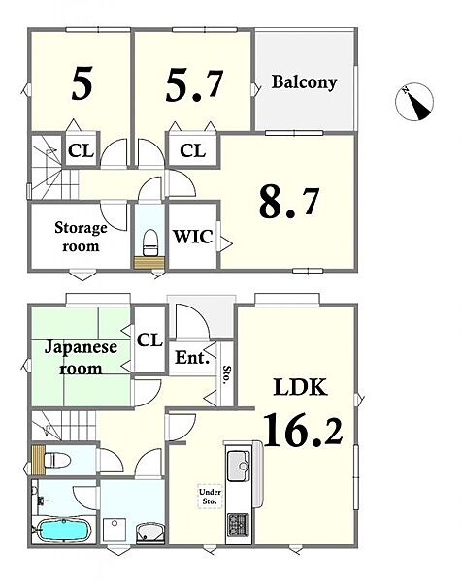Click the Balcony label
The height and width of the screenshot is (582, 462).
(304, 82)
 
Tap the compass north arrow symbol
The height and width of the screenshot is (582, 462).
(414, 101)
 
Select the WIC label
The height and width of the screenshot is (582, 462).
(193, 237)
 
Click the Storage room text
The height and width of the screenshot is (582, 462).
(81, 237)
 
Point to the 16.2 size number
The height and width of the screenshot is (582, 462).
(303, 430)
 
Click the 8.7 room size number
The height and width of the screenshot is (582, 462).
(288, 203)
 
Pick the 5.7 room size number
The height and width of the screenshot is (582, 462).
(194, 85)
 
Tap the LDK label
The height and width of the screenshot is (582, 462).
(301, 387)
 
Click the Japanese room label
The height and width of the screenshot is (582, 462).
(81, 358)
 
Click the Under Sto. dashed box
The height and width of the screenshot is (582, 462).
(210, 497)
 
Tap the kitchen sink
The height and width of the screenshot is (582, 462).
(238, 466)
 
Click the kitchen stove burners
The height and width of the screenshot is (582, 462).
(238, 524)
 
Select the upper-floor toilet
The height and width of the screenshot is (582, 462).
(150, 243)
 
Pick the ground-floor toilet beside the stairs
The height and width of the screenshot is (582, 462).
(56, 461)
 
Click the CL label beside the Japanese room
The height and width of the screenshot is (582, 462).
(149, 339)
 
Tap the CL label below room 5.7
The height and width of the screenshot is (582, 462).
(192, 150)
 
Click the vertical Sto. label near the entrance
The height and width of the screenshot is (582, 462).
(226, 374)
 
